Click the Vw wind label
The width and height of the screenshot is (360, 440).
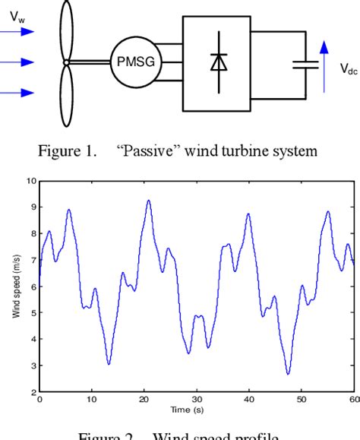[x=15, y=14]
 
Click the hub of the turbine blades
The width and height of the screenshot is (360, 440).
[x=67, y=63]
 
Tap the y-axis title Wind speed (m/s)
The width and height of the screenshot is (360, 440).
[x=17, y=286]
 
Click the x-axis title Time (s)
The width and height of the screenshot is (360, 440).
[x=196, y=408]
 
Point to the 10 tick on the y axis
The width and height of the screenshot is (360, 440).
[x=30, y=181]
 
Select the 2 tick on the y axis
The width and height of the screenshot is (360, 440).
[x=32, y=392]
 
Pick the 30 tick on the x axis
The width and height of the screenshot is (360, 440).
[x=196, y=399]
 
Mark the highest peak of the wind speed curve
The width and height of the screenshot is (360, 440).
[x=148, y=200]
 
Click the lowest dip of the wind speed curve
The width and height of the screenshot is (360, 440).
[x=288, y=374]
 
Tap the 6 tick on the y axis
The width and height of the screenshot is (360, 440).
[x=32, y=286]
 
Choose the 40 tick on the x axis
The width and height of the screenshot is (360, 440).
[x=248, y=399]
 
